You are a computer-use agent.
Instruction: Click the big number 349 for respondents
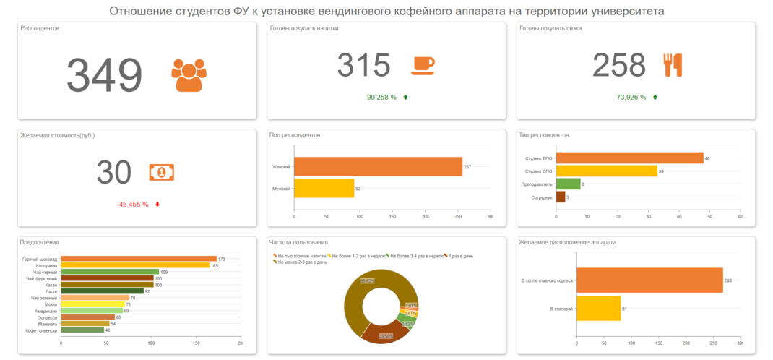[x=105, y=74]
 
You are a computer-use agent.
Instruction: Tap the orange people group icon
[x=189, y=74]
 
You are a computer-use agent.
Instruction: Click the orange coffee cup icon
[x=423, y=65]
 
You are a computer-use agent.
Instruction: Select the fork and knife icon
[x=673, y=65]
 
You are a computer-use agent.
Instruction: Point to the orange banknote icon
[x=162, y=172]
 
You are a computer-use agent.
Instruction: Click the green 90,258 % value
[x=381, y=97]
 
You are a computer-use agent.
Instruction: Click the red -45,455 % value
[x=132, y=205]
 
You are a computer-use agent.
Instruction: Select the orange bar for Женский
[x=378, y=166]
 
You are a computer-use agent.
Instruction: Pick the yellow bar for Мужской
[x=324, y=188]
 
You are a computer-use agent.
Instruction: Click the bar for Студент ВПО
[x=629, y=158]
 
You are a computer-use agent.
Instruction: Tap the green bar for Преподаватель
[x=568, y=184]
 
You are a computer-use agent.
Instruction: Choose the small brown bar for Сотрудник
[x=560, y=197]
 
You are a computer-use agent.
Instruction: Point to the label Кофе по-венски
[x=42, y=330]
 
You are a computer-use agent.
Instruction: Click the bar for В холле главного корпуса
[x=649, y=280]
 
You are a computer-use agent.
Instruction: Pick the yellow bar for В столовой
[x=598, y=308]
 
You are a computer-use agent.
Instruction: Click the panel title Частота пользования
[x=298, y=242]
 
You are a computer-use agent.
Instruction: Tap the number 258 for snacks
[x=618, y=65]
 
